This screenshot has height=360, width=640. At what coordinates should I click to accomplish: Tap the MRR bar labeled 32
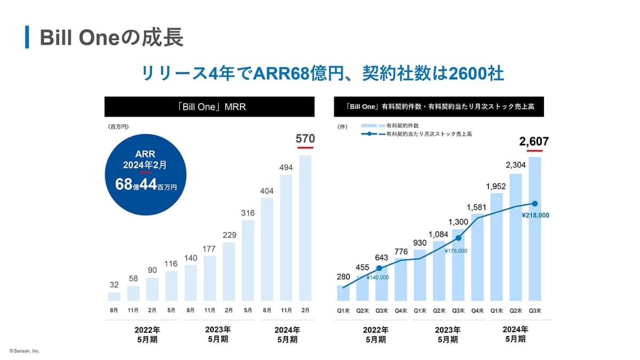tap(114, 297)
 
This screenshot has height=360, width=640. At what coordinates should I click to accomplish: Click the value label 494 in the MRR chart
tap(286, 168)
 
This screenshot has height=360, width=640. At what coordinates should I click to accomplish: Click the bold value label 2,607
tap(534, 141)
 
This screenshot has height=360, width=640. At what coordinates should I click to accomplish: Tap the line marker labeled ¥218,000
tap(535, 204)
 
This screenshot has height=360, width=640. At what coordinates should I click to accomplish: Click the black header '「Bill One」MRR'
tap(209, 107)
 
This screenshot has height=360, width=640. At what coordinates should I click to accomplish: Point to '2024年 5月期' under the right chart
tap(516, 334)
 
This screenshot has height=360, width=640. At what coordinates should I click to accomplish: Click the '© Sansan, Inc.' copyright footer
tap(25, 351)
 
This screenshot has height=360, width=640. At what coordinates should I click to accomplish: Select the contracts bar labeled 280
tap(343, 293)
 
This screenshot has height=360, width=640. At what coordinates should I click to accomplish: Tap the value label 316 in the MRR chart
tap(248, 213)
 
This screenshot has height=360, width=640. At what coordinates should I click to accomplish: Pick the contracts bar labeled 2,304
tap(516, 237)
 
